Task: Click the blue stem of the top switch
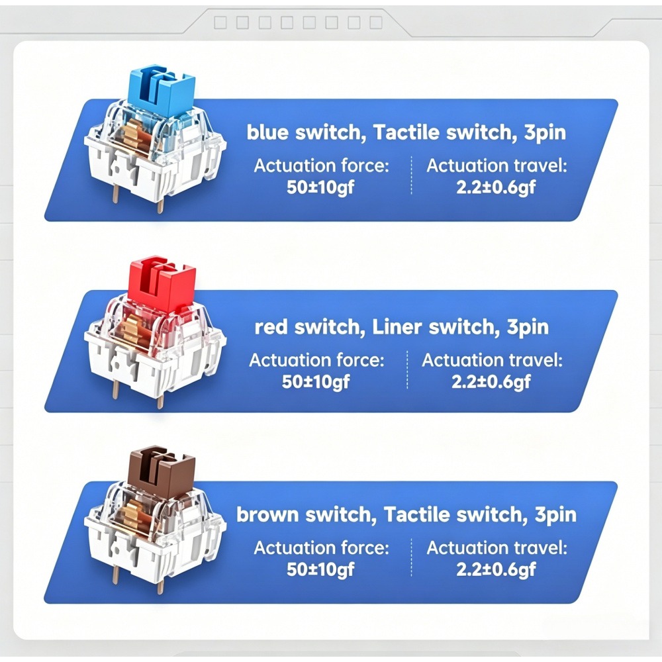point(162,91)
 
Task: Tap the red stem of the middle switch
point(162,281)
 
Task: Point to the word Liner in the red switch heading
point(397,327)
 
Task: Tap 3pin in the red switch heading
point(528,327)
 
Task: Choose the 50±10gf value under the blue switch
point(320,187)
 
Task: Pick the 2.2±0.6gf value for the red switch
point(491,382)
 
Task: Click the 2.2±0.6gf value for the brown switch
point(496,569)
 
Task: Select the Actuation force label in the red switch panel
point(316,360)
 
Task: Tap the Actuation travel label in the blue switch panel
point(496,165)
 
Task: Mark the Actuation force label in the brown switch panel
point(321,547)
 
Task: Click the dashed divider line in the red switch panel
point(407,369)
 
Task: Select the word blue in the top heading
point(267,132)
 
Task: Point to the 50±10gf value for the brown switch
point(320,569)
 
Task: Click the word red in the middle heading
point(270,328)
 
